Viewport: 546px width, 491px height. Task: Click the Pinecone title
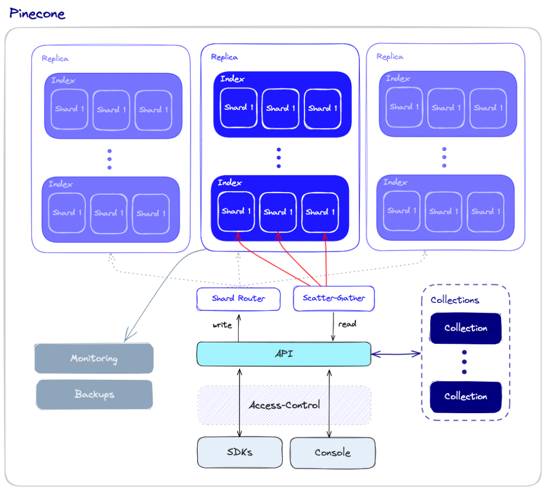pyautogui.click(x=37, y=14)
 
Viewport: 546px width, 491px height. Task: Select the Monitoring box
pyautogui.click(x=94, y=359)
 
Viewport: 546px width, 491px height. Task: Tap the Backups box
pyautogui.click(x=95, y=394)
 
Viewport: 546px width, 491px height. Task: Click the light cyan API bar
pyautogui.click(x=284, y=354)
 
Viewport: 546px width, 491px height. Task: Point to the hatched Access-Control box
pyautogui.click(x=285, y=405)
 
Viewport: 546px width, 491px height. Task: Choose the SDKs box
pyautogui.click(x=240, y=452)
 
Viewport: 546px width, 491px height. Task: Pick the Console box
pyautogui.click(x=333, y=453)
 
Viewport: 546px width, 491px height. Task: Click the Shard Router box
pyautogui.click(x=238, y=299)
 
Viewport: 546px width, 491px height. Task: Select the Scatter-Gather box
pyautogui.click(x=334, y=298)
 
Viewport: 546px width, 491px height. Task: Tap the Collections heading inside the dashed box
pyautogui.click(x=454, y=300)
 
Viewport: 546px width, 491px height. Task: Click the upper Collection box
pyautogui.click(x=466, y=328)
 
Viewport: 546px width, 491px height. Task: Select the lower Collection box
pyautogui.click(x=466, y=396)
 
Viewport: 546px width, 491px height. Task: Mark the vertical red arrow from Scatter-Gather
pyautogui.click(x=326, y=260)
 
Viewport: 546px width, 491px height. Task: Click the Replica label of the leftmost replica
pyautogui.click(x=55, y=59)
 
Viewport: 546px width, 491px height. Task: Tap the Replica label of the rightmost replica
pyautogui.click(x=390, y=57)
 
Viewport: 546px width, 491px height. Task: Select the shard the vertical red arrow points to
pyautogui.click(x=321, y=211)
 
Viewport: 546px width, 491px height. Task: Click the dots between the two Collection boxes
pyautogui.click(x=465, y=362)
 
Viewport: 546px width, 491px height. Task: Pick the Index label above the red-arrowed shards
pyautogui.click(x=230, y=183)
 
